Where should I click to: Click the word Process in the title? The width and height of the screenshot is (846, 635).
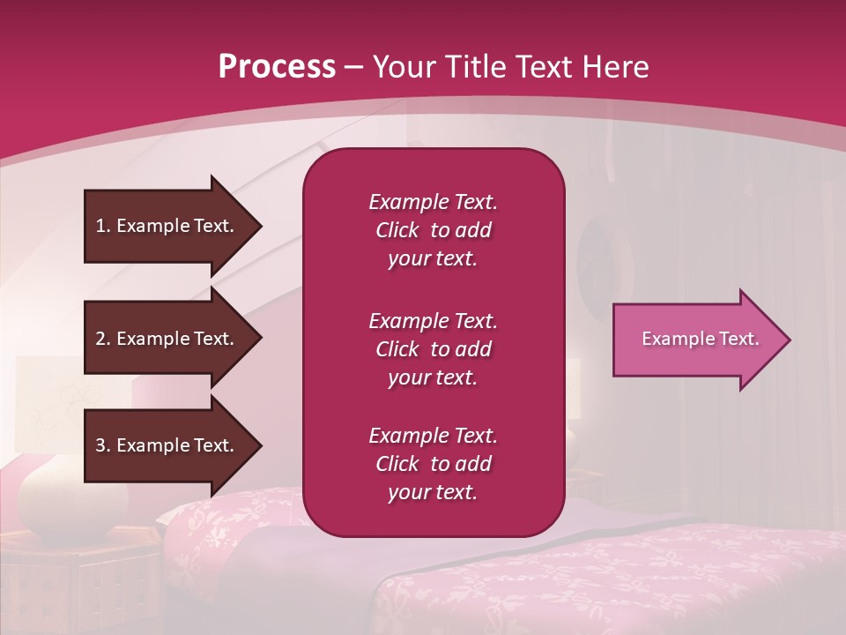(x=277, y=67)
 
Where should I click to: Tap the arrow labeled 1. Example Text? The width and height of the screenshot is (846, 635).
(x=167, y=226)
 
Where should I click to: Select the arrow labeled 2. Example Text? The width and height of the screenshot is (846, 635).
(x=167, y=339)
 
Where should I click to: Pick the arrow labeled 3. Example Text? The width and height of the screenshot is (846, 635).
(x=167, y=445)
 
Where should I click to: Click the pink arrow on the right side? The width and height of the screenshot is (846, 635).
(x=696, y=340)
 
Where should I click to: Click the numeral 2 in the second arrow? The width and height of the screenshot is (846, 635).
(x=100, y=339)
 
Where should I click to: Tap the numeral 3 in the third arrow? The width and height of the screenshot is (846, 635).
(x=100, y=445)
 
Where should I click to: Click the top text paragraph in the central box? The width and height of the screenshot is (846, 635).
(x=433, y=230)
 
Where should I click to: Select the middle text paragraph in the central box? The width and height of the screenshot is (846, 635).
(x=433, y=349)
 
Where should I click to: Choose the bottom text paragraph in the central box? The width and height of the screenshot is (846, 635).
(x=433, y=464)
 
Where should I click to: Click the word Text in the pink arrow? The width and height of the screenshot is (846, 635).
(x=738, y=339)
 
